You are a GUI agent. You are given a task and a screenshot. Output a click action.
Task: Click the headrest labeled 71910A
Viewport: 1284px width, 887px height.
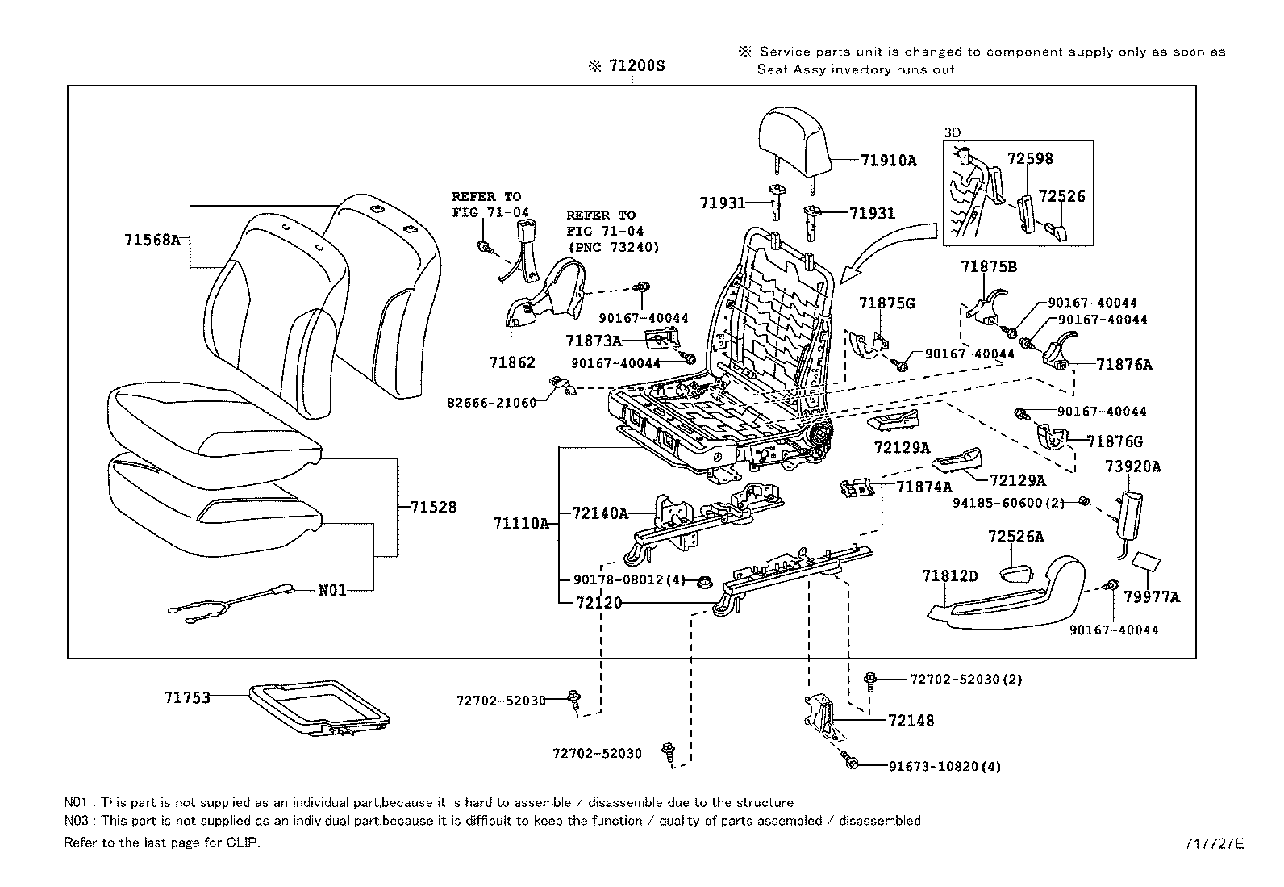pos(794,140)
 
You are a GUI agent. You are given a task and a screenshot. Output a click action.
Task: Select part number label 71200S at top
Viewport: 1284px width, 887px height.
pos(636,66)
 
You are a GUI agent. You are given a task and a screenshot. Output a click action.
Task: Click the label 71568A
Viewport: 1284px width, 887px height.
pos(152,240)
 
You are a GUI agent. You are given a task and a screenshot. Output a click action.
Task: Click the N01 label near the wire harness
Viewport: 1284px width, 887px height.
pos(332,590)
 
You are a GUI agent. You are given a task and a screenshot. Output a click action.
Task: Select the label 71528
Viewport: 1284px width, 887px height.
pos(432,507)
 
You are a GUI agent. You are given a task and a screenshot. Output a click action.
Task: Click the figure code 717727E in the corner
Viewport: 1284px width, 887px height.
pos(1214,844)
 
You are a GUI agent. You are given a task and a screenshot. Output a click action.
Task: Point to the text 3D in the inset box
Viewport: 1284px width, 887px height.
pos(952,132)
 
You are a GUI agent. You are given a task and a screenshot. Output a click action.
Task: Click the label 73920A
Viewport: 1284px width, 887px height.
pos(1132,467)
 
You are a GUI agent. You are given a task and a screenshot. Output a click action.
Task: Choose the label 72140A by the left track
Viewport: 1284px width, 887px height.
pos(600,513)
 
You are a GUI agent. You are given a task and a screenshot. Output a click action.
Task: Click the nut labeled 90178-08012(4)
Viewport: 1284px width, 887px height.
pos(703,579)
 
